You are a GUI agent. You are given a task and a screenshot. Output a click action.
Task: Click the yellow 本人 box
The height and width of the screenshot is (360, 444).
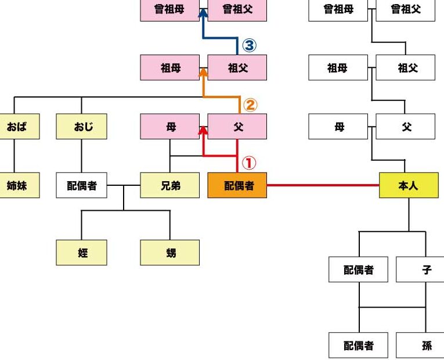[x=409, y=185]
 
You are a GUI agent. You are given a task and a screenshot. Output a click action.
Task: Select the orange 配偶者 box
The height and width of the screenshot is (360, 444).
[x=237, y=185]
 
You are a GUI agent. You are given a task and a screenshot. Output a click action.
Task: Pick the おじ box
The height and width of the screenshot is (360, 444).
[x=81, y=126]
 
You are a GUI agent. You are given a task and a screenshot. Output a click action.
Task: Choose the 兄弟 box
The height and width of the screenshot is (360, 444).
[x=169, y=185]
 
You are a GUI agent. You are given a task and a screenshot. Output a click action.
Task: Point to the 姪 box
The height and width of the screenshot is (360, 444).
[x=81, y=253]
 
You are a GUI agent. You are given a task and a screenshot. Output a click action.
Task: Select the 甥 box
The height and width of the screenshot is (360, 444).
[x=169, y=253]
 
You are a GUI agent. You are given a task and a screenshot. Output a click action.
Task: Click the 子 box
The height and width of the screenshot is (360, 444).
[x=421, y=269]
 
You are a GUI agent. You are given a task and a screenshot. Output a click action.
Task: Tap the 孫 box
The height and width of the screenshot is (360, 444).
[x=421, y=345]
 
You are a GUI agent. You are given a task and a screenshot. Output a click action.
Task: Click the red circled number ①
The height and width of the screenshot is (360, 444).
[x=248, y=163]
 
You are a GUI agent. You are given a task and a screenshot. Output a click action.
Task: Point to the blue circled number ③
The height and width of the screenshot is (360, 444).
[x=248, y=45]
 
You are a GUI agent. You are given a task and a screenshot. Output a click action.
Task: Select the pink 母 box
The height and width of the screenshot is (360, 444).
[x=169, y=126]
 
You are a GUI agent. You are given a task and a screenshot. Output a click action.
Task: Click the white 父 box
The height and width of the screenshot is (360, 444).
[x=405, y=126]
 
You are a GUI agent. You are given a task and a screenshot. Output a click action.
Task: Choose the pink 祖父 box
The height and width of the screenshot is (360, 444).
[x=237, y=67]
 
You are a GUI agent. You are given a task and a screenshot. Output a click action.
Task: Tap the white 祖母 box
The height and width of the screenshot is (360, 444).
[x=338, y=67]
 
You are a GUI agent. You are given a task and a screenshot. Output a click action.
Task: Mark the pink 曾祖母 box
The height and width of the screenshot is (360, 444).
[x=169, y=9]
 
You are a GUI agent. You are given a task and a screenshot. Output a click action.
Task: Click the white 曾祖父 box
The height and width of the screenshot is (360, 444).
[x=405, y=9]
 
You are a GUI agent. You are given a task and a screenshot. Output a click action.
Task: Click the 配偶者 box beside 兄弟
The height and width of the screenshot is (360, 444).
[x=81, y=185]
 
